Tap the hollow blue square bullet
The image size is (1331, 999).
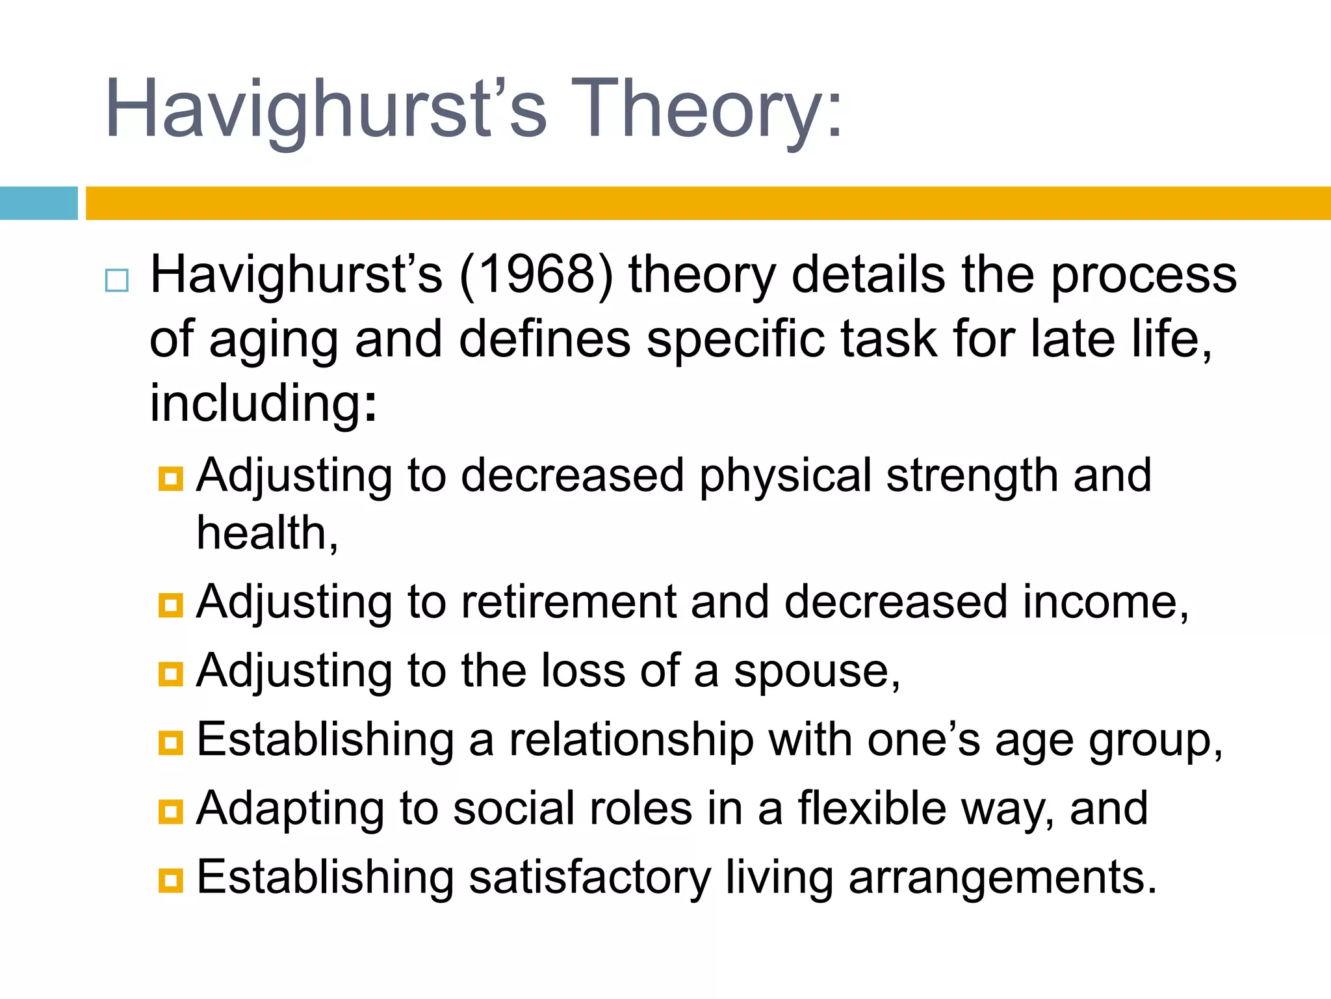[x=117, y=280]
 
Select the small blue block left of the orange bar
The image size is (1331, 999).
[x=39, y=203]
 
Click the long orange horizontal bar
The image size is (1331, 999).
[x=708, y=203]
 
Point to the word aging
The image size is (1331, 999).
[x=274, y=341]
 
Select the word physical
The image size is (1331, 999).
[x=785, y=476]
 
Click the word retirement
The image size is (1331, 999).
[x=569, y=602]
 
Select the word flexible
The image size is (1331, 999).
[x=872, y=809]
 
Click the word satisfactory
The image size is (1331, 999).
[x=589, y=878]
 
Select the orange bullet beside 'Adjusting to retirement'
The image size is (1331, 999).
[x=171, y=605]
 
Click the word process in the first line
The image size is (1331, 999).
[x=1144, y=276]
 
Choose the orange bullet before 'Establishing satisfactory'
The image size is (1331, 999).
[x=171, y=881]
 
